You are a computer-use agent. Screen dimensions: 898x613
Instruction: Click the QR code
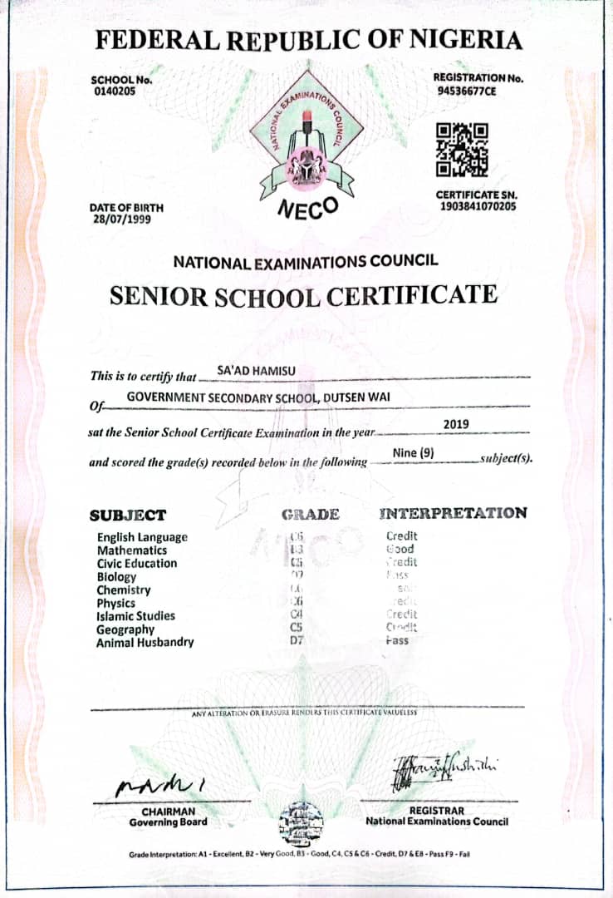pos(462,150)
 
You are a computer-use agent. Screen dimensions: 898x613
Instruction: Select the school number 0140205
pos(114,91)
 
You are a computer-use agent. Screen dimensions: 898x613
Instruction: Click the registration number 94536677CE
pos(467,91)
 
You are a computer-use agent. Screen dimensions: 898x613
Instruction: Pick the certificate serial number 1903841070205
pos(478,206)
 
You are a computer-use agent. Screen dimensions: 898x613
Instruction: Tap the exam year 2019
pos(456,424)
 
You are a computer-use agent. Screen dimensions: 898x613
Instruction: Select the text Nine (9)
pos(414,453)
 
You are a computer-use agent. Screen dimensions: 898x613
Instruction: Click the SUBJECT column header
pos(128,515)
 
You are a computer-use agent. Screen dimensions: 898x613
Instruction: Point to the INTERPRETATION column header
pos(453,513)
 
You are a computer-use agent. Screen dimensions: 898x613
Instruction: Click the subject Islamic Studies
pos(135,616)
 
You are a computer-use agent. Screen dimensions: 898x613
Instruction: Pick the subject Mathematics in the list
pos(131,550)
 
